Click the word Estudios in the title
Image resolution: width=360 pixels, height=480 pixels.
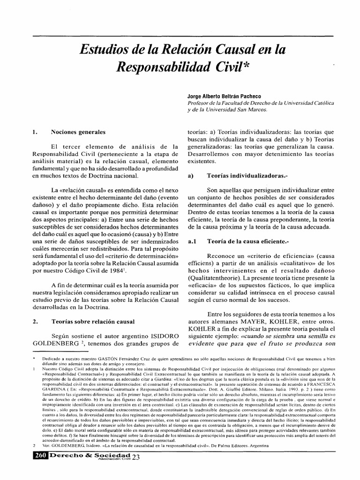point(101,48)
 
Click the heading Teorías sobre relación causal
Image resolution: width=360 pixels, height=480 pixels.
point(92,322)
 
